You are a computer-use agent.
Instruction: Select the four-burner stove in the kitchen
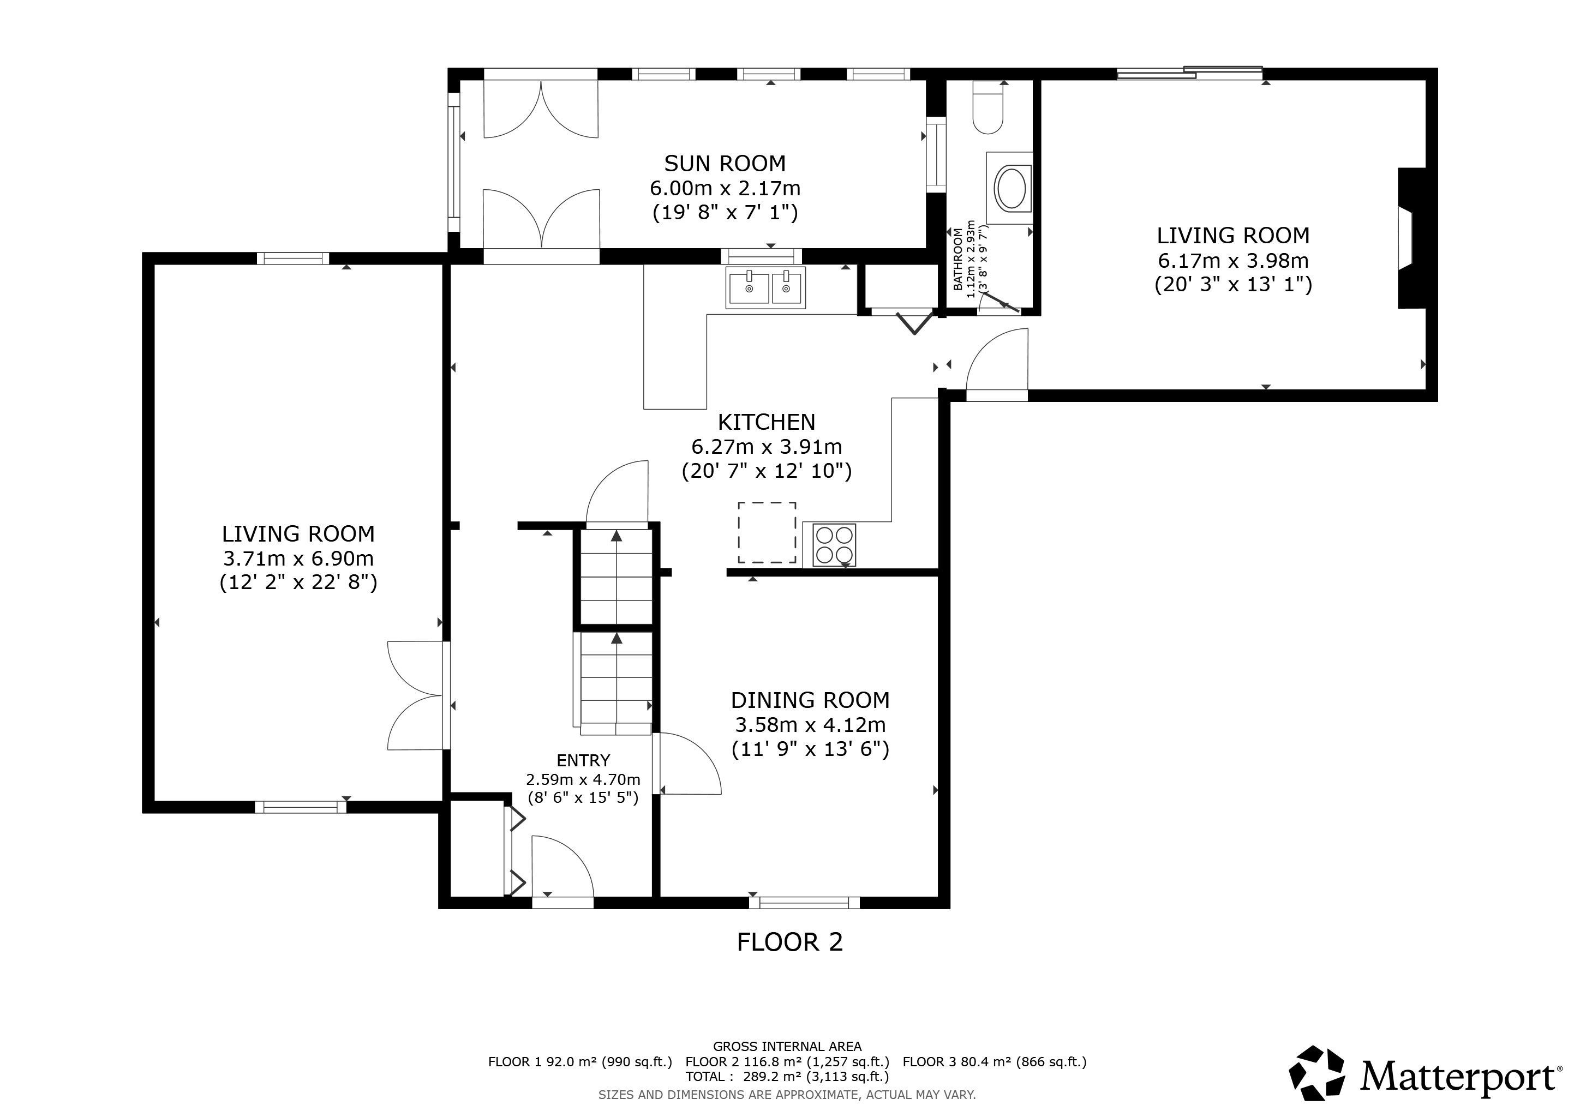click(834, 545)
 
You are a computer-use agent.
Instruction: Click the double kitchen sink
click(764, 287)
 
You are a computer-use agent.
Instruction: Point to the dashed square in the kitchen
click(767, 532)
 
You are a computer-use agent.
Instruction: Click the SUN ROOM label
click(725, 164)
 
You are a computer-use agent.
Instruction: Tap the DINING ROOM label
click(810, 700)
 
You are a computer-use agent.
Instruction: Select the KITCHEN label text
click(767, 422)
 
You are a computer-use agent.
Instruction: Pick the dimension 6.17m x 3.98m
click(1233, 261)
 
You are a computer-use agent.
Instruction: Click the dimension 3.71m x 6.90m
click(298, 558)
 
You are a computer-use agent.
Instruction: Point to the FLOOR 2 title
click(790, 941)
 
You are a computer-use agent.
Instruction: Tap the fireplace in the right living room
click(1411, 238)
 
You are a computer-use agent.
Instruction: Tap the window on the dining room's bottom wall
click(804, 903)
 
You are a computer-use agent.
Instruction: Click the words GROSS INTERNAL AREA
click(787, 1046)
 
